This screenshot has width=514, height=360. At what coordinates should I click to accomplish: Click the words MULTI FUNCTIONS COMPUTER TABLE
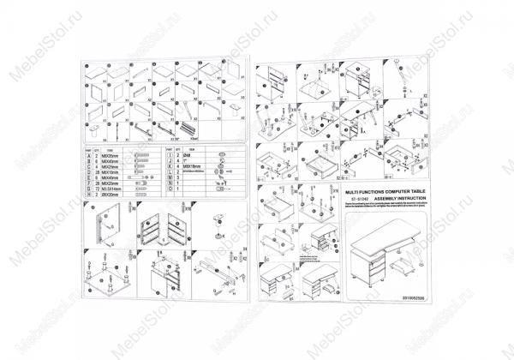pos(381,195)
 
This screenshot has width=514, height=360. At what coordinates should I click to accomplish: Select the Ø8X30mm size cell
pos(117,195)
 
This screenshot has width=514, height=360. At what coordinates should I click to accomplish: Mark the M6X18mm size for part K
pos(192,166)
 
